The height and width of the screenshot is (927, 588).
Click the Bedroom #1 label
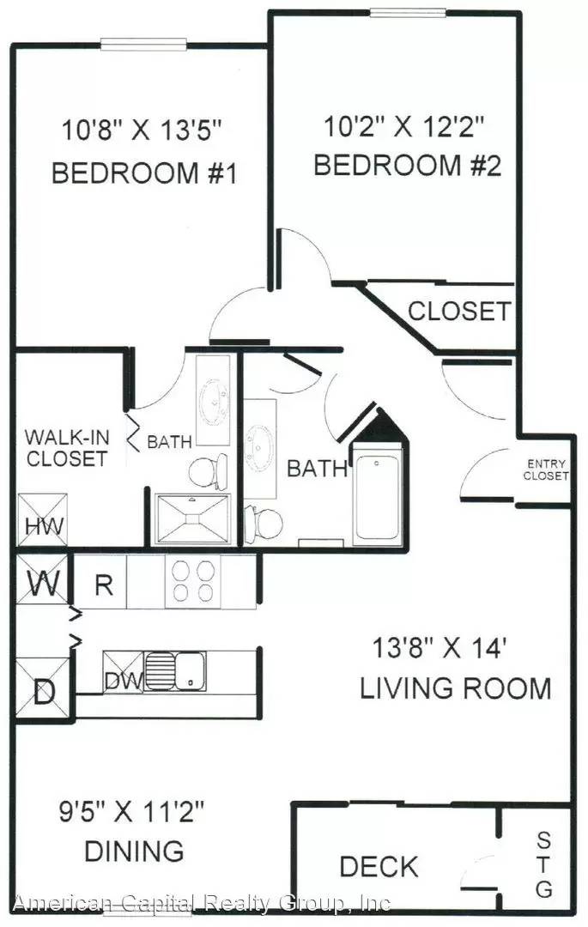144,173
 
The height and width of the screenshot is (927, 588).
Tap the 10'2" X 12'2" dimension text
404,126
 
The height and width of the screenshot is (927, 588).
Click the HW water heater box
43,520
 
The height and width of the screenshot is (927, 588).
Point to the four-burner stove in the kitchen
192,582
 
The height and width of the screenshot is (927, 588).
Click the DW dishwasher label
124,681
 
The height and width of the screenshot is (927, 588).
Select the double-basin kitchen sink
175,671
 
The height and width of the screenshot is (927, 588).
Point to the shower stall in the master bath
192,519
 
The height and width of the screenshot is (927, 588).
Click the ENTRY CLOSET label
545,470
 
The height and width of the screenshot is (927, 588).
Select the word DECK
379,867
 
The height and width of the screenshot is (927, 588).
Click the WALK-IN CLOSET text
67,448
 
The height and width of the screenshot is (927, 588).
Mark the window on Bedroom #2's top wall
408,12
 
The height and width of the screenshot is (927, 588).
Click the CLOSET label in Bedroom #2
459,311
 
